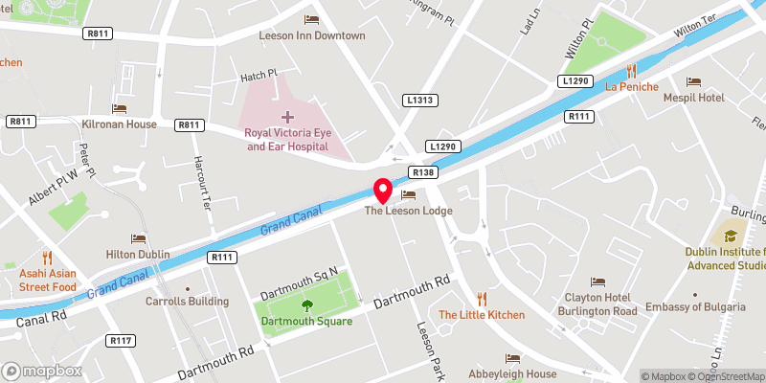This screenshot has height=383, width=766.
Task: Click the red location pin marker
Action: tap(382, 191)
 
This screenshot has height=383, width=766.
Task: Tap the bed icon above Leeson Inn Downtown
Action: tap(312, 19)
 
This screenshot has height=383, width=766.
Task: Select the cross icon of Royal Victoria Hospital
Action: tap(286, 116)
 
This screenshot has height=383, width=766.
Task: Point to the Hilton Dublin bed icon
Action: tap(139, 238)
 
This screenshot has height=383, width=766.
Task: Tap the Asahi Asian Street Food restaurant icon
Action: tap(46, 257)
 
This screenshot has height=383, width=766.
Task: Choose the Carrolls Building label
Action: tap(187, 301)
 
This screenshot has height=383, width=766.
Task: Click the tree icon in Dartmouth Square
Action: tap(307, 306)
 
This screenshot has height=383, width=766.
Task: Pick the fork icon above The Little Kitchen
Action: tap(482, 299)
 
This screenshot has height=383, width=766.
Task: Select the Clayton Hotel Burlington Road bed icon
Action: tap(598, 282)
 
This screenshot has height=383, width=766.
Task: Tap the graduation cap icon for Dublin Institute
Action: tap(731, 234)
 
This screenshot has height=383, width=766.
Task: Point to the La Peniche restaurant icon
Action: tap(631, 70)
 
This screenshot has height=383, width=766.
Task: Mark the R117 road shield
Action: tap(120, 341)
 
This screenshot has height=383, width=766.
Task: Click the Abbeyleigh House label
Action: tap(511, 373)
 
